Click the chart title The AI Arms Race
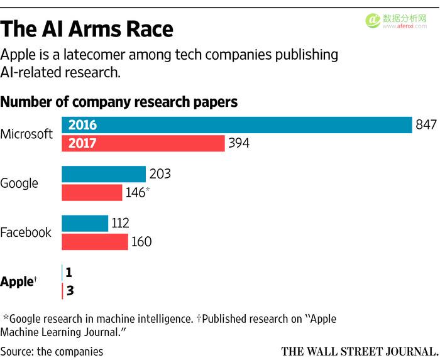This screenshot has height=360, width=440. tap(87, 28)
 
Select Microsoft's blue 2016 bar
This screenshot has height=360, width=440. tap(236, 125)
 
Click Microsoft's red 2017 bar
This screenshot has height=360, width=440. tap(143, 143)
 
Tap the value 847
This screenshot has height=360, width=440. tap(426, 125)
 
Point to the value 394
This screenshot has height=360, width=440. tap(239, 143)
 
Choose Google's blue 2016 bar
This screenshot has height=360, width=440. tap(103, 174)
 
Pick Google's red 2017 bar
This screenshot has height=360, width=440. tap(92, 192)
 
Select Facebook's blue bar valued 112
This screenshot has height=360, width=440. tap(85, 223)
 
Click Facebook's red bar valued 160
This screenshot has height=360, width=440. tap(94, 241)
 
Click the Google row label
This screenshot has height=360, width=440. tap(19, 183)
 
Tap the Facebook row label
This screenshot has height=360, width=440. tap(26, 232)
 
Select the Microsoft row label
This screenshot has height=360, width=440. tap(26, 134)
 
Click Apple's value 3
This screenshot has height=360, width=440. tap(70, 291)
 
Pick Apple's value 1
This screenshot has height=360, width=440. tap(70, 273)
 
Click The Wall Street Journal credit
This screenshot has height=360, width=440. tap(359, 351)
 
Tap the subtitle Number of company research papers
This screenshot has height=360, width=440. tap(119, 102)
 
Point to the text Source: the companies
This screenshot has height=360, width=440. tap(52, 351)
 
